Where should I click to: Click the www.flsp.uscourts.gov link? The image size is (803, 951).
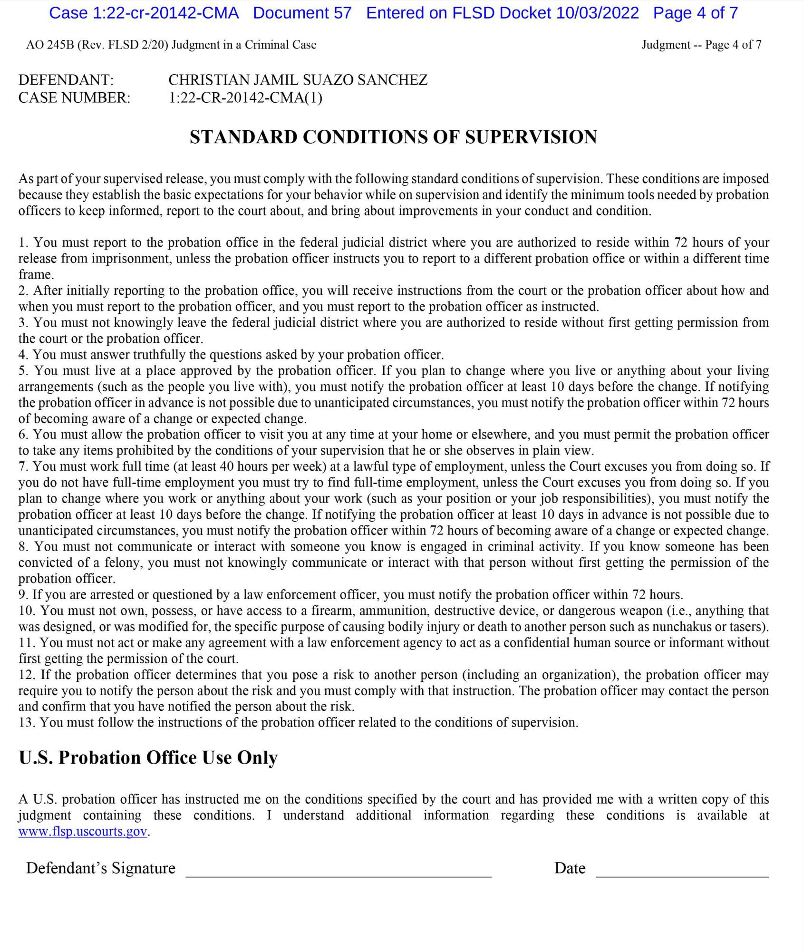[x=83, y=832]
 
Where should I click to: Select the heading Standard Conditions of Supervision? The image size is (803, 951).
[x=393, y=137]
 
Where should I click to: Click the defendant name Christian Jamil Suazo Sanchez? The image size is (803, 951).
[x=298, y=80]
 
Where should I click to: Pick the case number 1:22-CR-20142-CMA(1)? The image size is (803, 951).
[x=245, y=98]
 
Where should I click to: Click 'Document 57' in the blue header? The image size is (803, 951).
[x=302, y=13]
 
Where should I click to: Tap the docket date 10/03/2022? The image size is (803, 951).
[x=597, y=13]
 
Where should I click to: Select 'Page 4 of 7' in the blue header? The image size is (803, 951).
[x=696, y=13]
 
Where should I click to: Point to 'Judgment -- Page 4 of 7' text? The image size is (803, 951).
[x=701, y=45]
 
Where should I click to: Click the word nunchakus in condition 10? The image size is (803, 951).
[x=681, y=627]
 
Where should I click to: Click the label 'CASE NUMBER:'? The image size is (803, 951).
[x=74, y=98]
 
